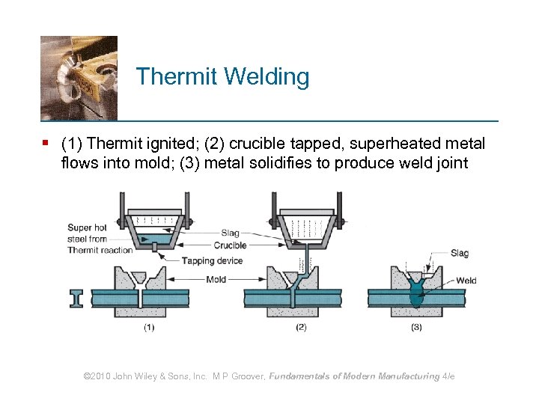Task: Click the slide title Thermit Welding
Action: [x=222, y=77]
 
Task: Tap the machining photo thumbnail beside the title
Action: [x=79, y=78]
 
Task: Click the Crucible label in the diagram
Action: [x=230, y=245]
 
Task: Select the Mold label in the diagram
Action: [x=216, y=279]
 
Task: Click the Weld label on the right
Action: [x=466, y=281]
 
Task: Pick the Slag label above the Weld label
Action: [x=460, y=253]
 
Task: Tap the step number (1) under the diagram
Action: [x=149, y=327]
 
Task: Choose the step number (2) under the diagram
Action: [x=301, y=327]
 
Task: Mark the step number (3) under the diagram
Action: [x=416, y=327]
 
